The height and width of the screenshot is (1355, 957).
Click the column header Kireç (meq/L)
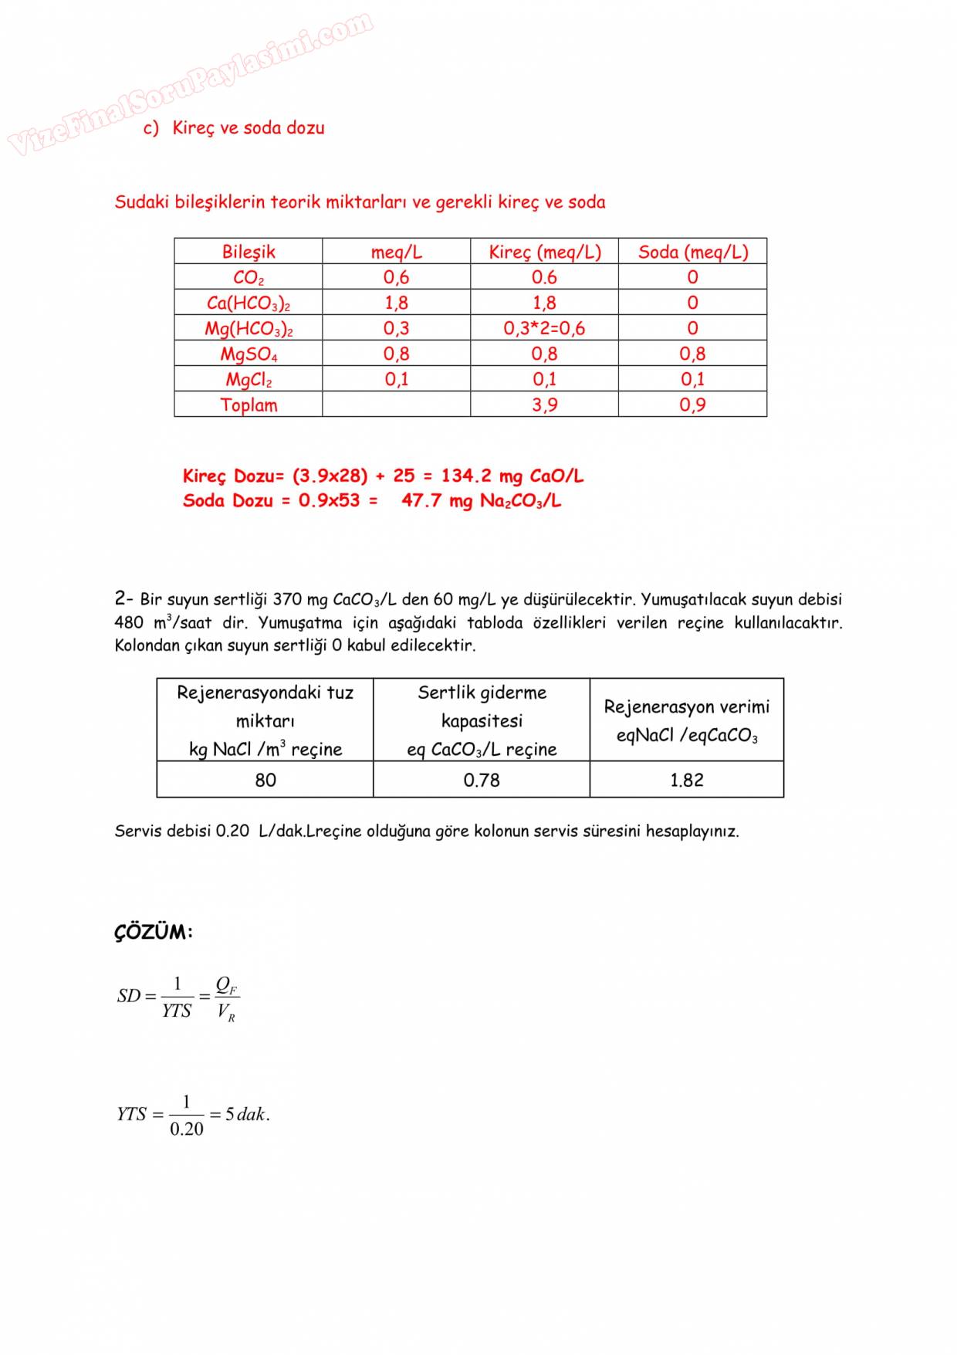coord(544,252)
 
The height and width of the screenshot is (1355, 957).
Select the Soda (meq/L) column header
coord(692,252)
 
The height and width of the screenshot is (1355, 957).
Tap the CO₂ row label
coord(248,277)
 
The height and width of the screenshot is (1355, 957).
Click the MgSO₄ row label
coord(248,354)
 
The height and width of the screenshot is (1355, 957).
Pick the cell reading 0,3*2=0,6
coord(544,328)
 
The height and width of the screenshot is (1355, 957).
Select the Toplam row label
coord(248,405)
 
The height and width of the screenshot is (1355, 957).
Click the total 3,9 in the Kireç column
coord(544,405)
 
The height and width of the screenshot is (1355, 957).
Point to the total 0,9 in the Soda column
coord(692,405)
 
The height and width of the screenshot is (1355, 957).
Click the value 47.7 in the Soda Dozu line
coord(421,500)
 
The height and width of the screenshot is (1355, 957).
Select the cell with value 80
coord(265,780)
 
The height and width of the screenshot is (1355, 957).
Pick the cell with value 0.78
coord(482,780)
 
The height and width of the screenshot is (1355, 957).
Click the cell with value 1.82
coord(686,780)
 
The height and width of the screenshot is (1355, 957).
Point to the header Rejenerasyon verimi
coord(686,707)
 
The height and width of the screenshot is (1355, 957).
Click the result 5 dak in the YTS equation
coord(247,1114)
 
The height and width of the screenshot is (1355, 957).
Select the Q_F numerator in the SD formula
coord(225,984)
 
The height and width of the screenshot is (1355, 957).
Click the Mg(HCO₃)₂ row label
coord(248,329)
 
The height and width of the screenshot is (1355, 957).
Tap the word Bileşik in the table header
coord(248,252)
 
